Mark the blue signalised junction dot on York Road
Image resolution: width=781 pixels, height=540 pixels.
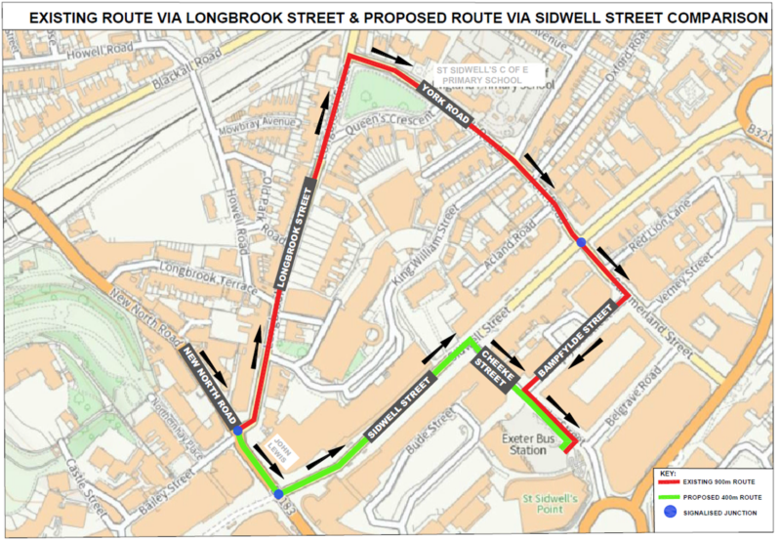click(x=581, y=242)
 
